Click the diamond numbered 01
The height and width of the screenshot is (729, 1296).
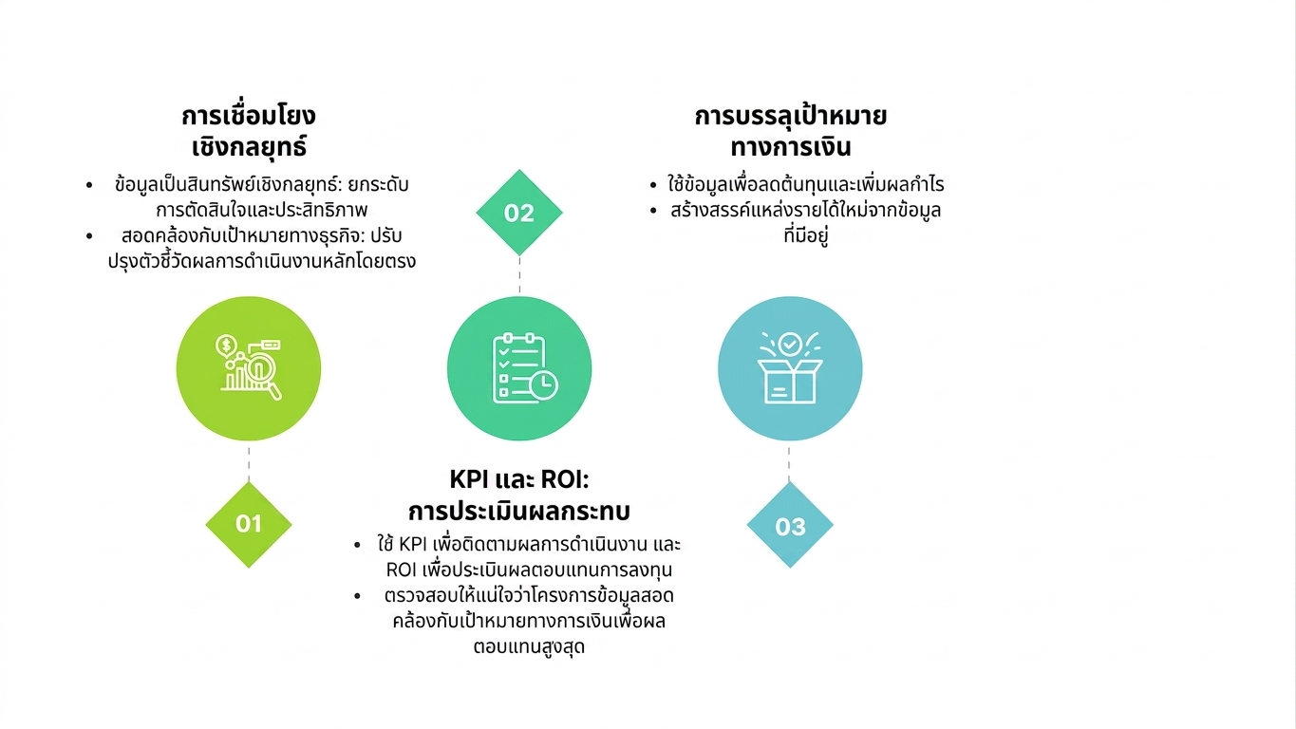pyautogui.click(x=249, y=524)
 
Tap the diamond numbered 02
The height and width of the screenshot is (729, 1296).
pyautogui.click(x=519, y=213)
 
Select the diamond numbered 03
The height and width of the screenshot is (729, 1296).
pyautogui.click(x=790, y=525)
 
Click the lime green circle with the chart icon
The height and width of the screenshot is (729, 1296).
pyautogui.click(x=249, y=368)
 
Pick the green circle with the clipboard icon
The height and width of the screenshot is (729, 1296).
pyautogui.click(x=519, y=368)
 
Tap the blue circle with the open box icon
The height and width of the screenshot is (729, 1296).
pyautogui.click(x=790, y=368)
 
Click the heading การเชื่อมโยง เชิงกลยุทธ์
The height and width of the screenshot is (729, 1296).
pyautogui.click(x=249, y=131)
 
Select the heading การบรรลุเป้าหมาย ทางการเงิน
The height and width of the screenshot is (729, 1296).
pyautogui.click(x=790, y=131)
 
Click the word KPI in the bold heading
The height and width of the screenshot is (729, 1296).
pyautogui.click(x=470, y=479)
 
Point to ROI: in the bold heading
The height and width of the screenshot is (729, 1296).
pyautogui.click(x=565, y=479)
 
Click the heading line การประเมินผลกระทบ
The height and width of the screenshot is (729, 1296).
pyautogui.click(x=519, y=511)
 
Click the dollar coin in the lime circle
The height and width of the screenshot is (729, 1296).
pyautogui.click(x=226, y=346)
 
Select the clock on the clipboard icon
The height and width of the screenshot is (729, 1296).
pyautogui.click(x=543, y=386)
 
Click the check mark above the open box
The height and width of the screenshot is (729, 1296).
pyautogui.click(x=790, y=344)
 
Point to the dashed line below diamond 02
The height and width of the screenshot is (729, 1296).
pyautogui.click(x=519, y=275)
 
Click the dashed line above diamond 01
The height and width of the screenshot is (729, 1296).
pyautogui.click(x=249, y=463)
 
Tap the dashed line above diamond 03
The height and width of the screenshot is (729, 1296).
pyautogui.click(x=789, y=463)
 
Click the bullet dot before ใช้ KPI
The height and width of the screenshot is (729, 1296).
pyautogui.click(x=358, y=545)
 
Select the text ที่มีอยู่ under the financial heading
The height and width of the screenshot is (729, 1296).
pyautogui.click(x=806, y=235)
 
